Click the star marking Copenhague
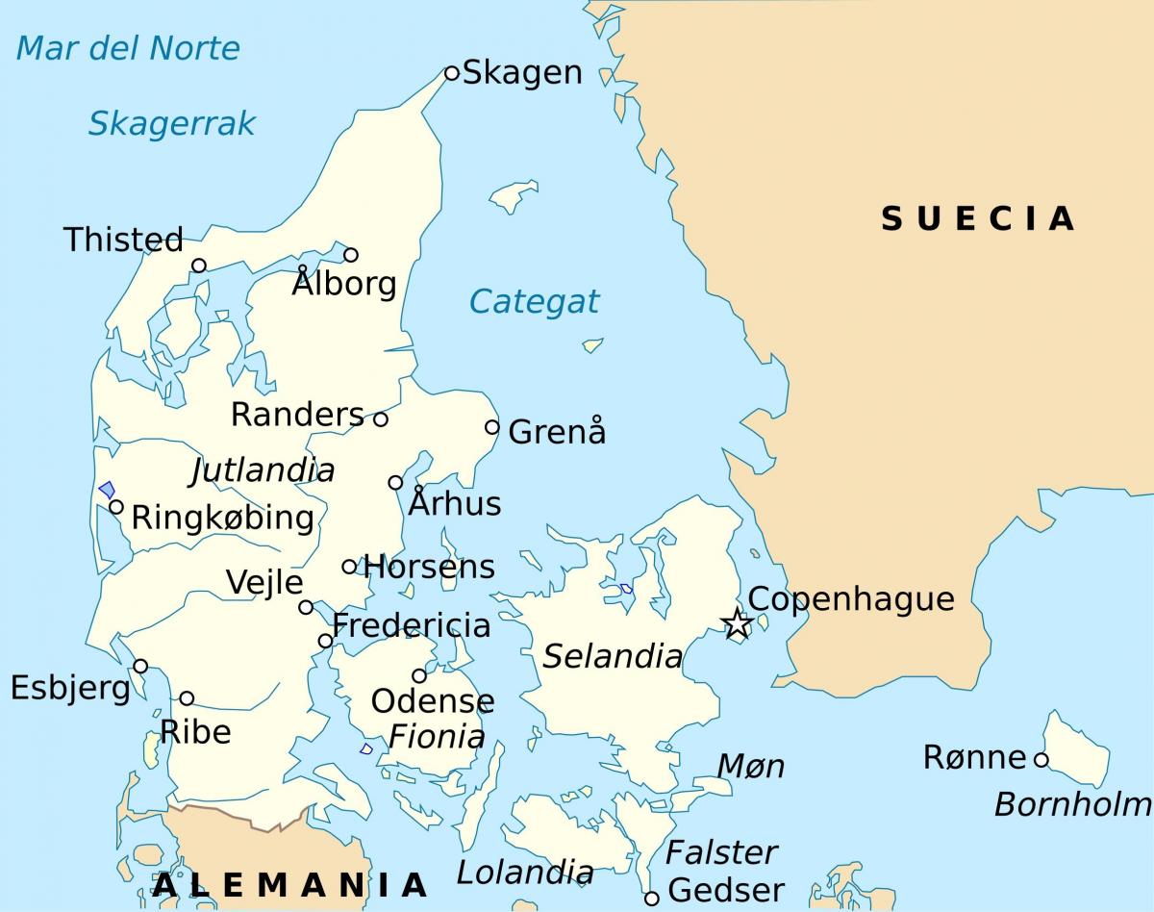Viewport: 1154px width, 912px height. [x=737, y=623]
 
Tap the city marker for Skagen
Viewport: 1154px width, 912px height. [x=452, y=73]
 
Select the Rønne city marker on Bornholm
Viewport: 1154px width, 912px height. [x=1041, y=759]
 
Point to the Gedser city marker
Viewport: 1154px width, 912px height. [x=651, y=898]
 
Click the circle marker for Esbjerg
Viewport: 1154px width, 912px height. [x=140, y=666]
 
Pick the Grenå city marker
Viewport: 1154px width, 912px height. [x=492, y=427]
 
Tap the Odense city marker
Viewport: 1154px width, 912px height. [x=419, y=675]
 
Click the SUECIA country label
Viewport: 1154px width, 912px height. [x=977, y=218]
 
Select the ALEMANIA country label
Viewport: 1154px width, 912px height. [x=289, y=884]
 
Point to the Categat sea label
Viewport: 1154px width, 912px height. [x=534, y=302]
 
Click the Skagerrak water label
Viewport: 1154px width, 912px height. [x=172, y=123]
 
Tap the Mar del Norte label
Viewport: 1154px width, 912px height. [x=128, y=48]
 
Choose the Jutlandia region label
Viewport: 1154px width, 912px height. [x=263, y=470]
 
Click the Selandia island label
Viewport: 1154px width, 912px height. [x=613, y=657]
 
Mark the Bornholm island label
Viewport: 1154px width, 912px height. [x=1072, y=803]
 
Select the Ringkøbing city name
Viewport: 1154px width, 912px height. [x=222, y=518]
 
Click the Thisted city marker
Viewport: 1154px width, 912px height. [x=199, y=266]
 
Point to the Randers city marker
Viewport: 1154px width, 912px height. [x=381, y=418]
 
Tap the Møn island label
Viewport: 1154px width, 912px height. [x=751, y=767]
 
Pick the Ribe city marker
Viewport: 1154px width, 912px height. [x=187, y=698]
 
